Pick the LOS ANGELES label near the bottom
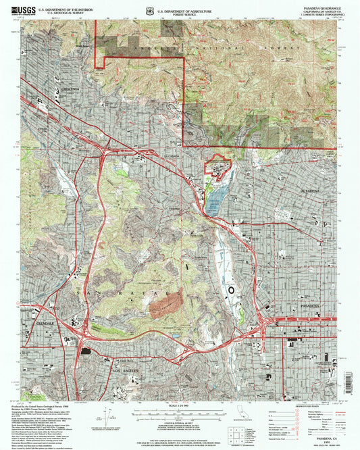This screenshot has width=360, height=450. [x=124, y=372]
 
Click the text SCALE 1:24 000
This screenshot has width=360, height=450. [x=180, y=406]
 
